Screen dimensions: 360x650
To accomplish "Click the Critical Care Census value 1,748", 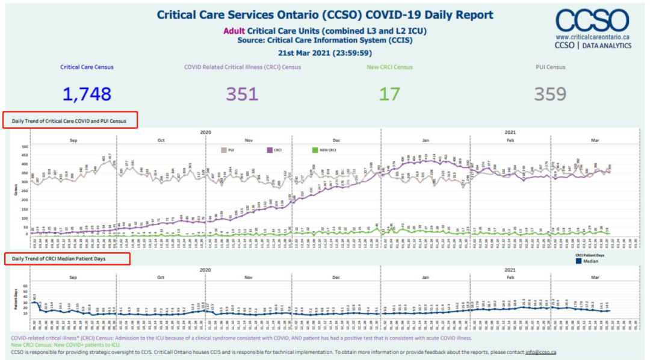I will tap(87, 94).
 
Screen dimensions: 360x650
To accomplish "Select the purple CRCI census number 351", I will tap(242, 94).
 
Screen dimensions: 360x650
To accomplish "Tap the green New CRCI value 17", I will tap(389, 94).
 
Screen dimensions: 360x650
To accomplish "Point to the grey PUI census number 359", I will tap(550, 94).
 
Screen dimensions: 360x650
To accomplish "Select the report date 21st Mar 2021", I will tap(325, 52).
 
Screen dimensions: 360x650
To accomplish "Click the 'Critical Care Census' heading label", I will tap(87, 67).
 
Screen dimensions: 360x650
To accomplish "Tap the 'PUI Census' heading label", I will tap(550, 67).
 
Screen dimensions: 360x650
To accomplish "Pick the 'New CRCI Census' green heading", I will tap(389, 67).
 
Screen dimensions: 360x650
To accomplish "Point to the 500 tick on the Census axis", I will tap(24, 147).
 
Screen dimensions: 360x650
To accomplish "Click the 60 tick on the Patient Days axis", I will tap(25, 286).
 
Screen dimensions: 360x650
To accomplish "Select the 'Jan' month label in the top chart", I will tap(425, 140).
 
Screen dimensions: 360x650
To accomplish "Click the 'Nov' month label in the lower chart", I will tap(248, 278).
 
